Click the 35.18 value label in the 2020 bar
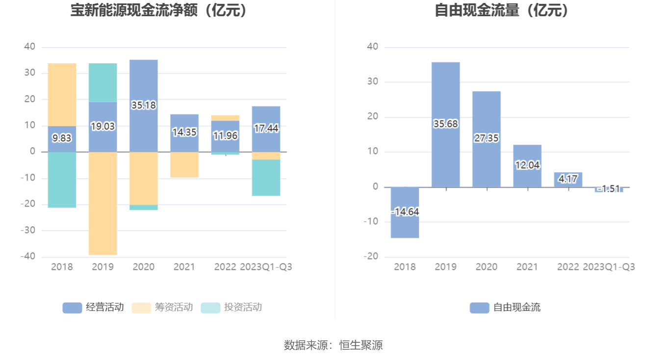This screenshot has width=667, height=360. [144, 105]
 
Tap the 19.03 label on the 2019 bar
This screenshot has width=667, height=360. [103, 127]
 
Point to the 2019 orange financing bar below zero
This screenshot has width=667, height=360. [103, 203]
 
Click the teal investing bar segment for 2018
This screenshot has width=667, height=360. [62, 180]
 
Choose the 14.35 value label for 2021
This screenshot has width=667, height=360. [184, 132]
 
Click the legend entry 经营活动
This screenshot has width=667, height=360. [93, 308]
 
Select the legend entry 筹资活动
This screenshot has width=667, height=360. [162, 308]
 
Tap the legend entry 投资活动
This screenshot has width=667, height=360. [231, 308]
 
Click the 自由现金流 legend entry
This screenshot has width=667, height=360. [505, 308]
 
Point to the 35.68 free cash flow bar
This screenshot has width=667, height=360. [446, 124]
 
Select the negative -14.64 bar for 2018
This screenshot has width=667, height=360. [405, 212]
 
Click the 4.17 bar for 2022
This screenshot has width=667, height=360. [568, 180]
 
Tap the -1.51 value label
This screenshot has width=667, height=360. [609, 189]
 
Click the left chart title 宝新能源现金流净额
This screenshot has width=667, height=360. [159, 11]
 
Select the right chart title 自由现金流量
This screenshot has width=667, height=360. [503, 11]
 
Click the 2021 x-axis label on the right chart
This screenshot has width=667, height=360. [527, 267]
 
